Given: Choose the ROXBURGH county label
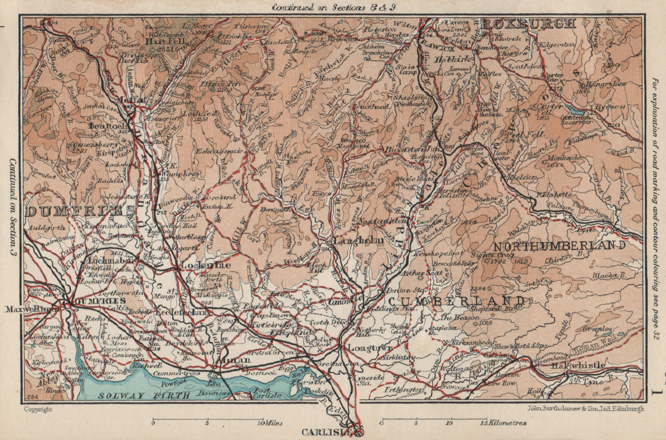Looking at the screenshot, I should [x=528, y=24].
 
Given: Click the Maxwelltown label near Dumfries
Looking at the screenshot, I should [x=37, y=309].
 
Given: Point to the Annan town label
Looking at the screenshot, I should [x=237, y=360].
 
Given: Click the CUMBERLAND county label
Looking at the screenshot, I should [x=455, y=300].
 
